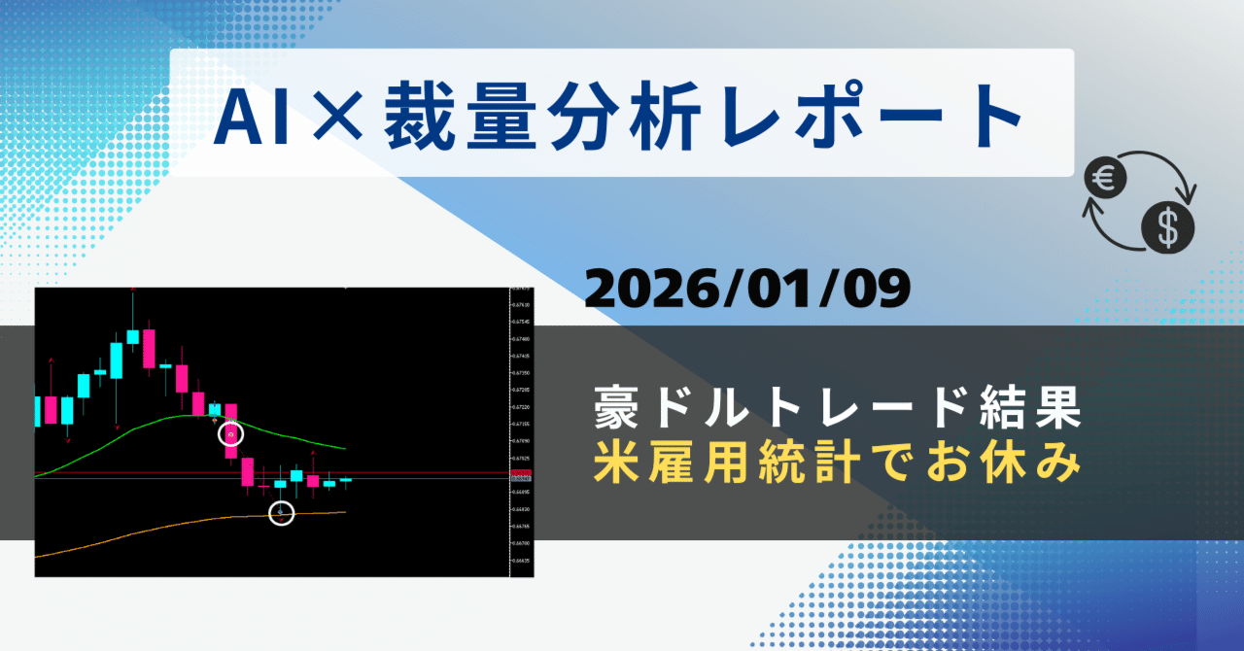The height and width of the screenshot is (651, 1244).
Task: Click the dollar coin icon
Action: pyautogui.click(x=1167, y=227)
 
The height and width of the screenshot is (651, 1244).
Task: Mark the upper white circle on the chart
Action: pyautogui.click(x=230, y=434)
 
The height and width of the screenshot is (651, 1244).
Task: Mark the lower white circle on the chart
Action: pyautogui.click(x=281, y=512)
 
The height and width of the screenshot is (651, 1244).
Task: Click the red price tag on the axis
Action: pyautogui.click(x=520, y=473)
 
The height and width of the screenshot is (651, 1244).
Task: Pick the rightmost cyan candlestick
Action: pyautogui.click(x=345, y=479)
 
